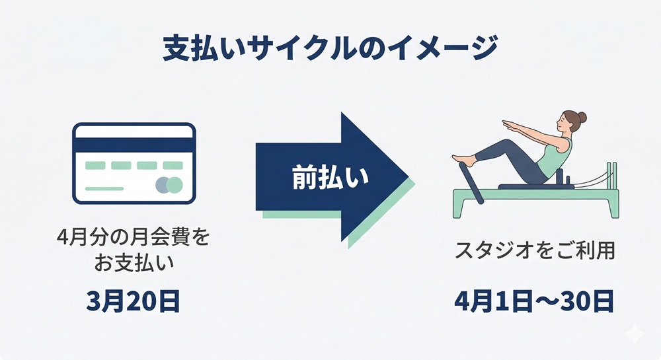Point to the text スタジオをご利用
click(x=535, y=252)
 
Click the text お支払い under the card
click(x=133, y=264)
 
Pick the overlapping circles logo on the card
click(x=169, y=185)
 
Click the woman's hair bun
click(x=582, y=118)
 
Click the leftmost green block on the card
click(x=95, y=165)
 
